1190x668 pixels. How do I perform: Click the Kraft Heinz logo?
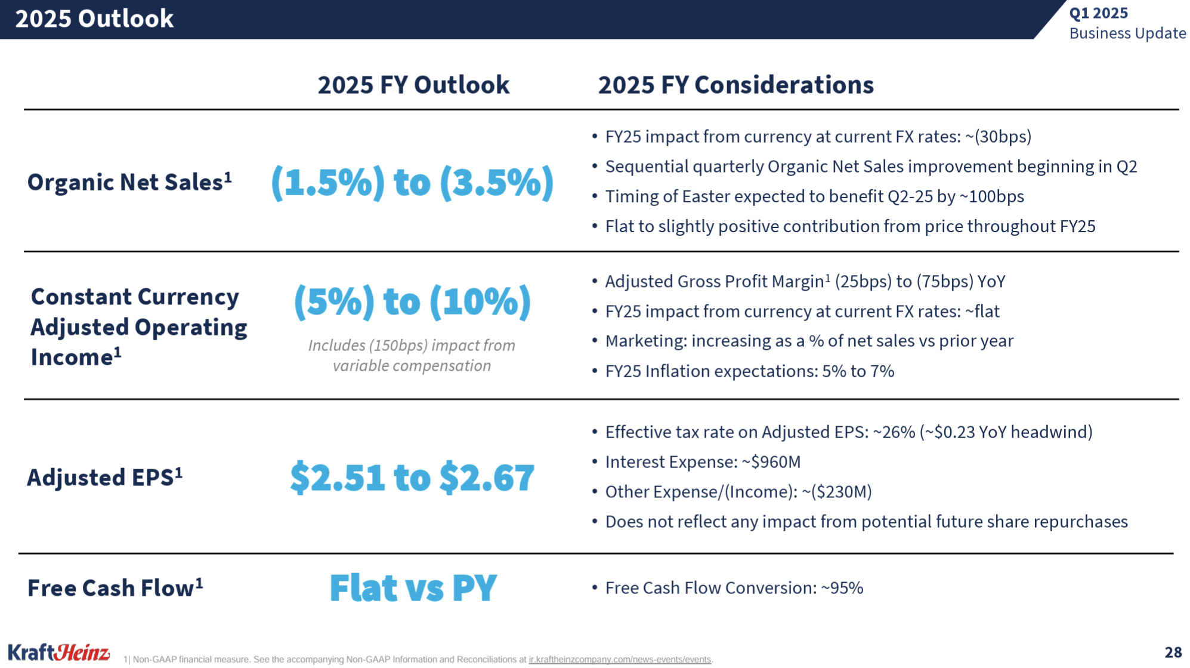click(58, 652)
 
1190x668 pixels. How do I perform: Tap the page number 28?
click(1173, 652)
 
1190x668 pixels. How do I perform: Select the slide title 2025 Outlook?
click(94, 19)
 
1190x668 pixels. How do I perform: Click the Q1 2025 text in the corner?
click(1098, 13)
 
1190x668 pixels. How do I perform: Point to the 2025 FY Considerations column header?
click(735, 85)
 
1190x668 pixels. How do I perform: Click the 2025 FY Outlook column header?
click(413, 85)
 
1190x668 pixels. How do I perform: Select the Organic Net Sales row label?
click(129, 182)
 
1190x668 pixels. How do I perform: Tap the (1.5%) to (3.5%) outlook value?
click(412, 182)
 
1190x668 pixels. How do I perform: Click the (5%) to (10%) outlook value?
click(412, 301)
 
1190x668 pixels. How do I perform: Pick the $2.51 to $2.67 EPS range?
click(412, 478)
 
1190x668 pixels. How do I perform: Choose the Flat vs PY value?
click(413, 587)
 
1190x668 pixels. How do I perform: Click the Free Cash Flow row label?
click(115, 588)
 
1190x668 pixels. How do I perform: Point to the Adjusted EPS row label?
click(104, 478)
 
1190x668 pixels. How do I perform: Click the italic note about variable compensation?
click(412, 355)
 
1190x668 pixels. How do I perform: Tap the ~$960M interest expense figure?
click(771, 462)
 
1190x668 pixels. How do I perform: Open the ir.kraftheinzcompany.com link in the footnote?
click(620, 660)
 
